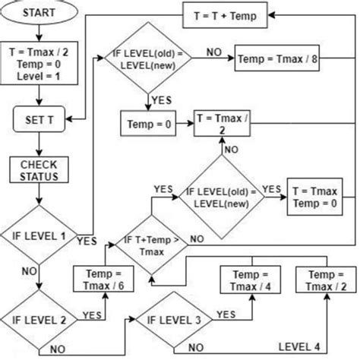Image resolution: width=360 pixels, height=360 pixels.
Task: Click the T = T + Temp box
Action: (226, 15)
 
